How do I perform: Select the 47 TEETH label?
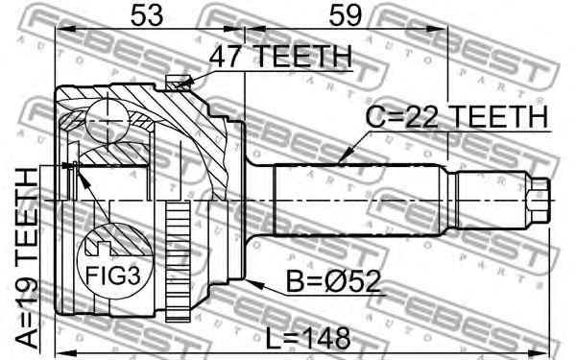click(280, 58)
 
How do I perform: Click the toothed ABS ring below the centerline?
click(176, 263)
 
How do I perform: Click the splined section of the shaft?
click(355, 201)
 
